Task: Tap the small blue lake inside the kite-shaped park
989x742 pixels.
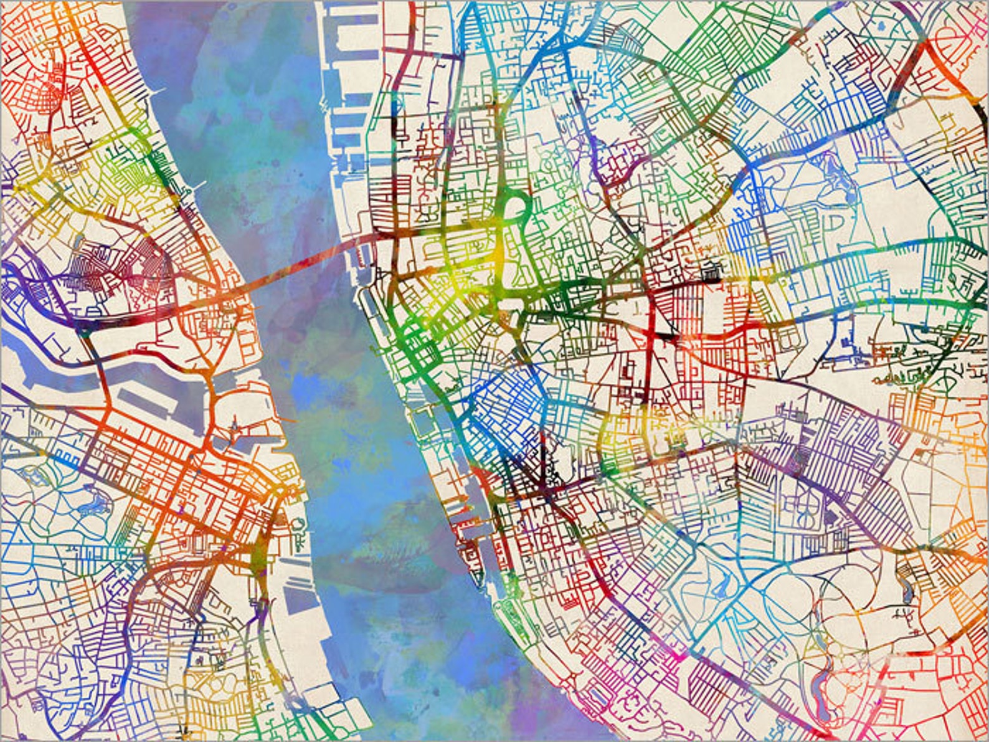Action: tap(722, 586)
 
